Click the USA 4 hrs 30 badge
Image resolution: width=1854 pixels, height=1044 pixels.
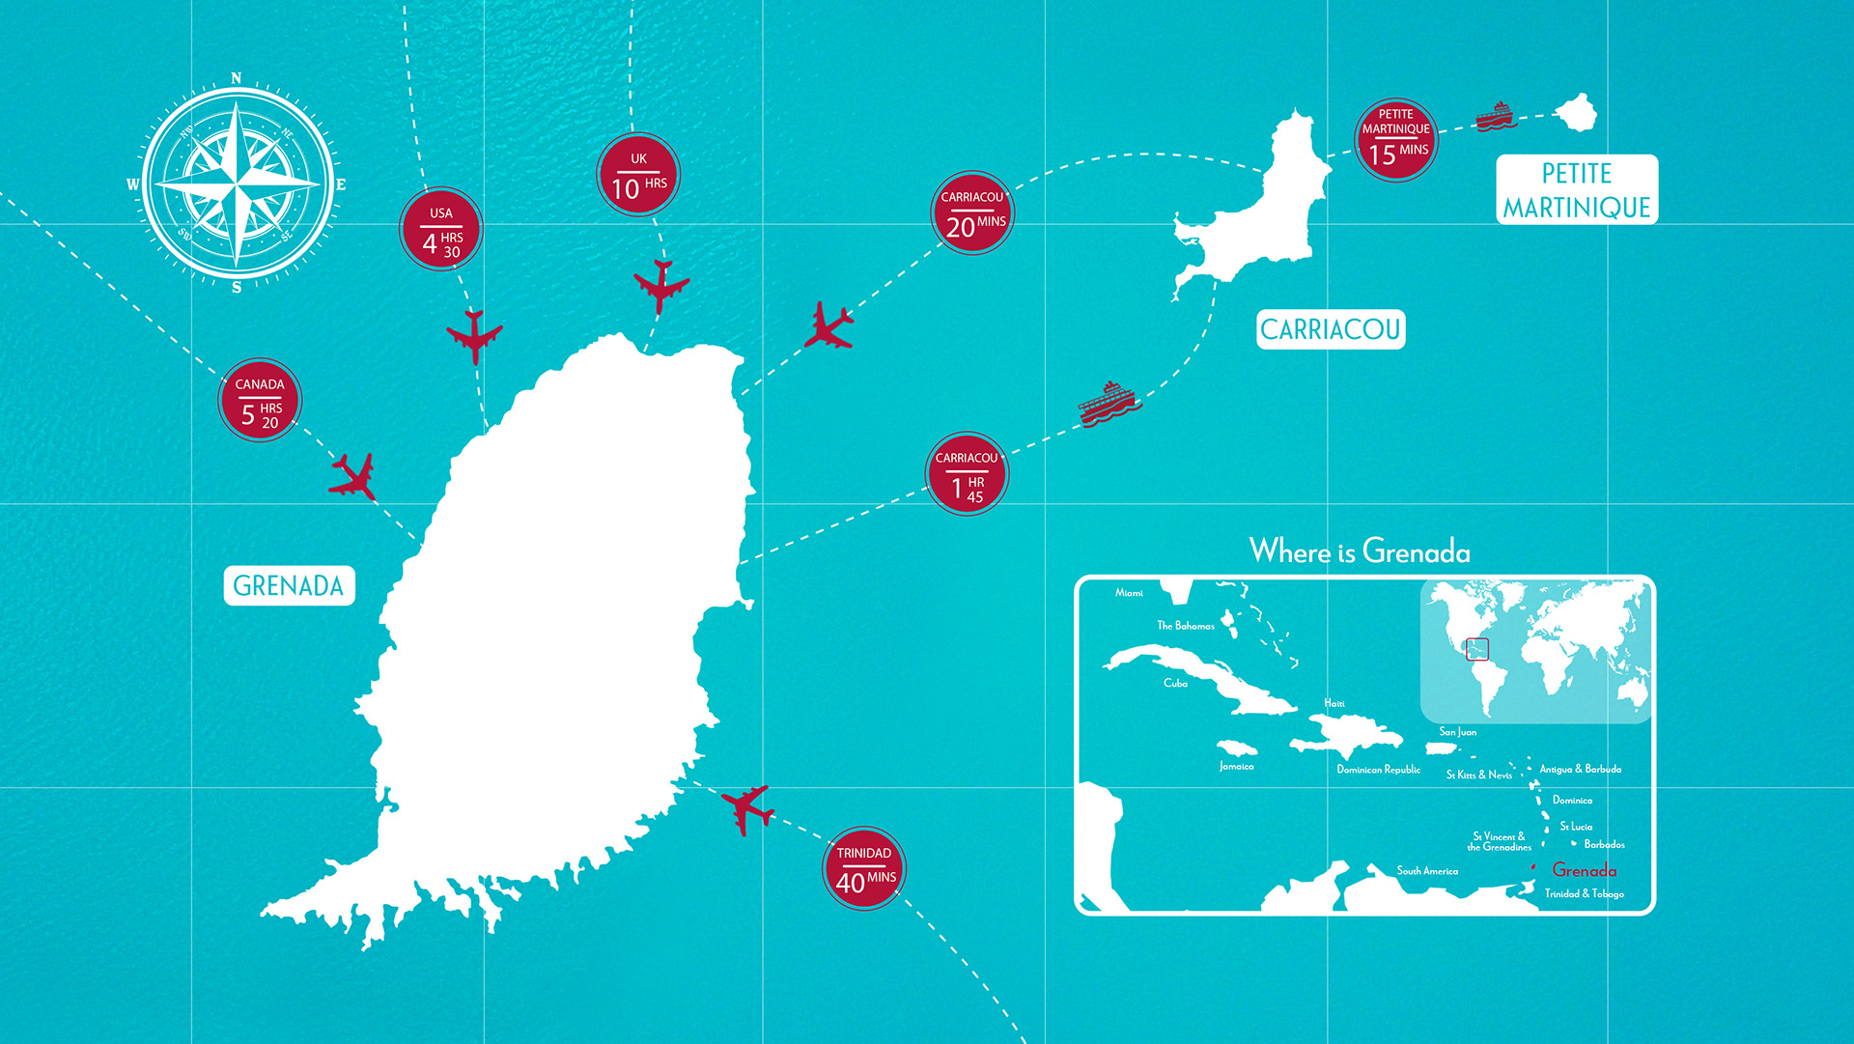pos(441,229)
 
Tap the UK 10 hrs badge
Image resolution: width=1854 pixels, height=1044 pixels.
pos(638,175)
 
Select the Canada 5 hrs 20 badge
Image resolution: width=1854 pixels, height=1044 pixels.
pos(260,400)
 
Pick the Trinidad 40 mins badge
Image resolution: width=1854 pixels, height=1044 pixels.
pos(864,868)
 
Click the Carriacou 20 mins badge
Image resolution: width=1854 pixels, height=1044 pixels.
pos(973,213)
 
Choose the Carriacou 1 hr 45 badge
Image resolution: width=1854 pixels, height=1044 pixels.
pos(967,474)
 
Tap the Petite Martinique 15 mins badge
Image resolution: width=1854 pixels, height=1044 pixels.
pos(1396,140)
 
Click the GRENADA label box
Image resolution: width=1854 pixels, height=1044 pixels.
pos(289,585)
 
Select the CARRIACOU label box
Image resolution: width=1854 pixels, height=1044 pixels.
pos(1330,329)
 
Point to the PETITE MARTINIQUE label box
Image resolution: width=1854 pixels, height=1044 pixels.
pos(1576,190)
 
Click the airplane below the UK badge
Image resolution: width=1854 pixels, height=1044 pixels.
pos(661,285)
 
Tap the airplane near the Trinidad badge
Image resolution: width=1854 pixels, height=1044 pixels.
pos(746,808)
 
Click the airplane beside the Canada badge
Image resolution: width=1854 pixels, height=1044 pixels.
pos(353,476)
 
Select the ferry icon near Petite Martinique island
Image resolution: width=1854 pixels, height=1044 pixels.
pos(1496,116)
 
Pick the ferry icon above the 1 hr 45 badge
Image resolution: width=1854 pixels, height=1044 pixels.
pos(1109,403)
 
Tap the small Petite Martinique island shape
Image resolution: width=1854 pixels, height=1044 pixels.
pos(1577,112)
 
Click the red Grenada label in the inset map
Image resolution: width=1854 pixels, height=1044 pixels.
pos(1584,870)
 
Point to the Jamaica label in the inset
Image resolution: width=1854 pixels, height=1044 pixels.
pos(1236,766)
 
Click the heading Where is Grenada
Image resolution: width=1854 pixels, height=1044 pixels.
pos(1360,551)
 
